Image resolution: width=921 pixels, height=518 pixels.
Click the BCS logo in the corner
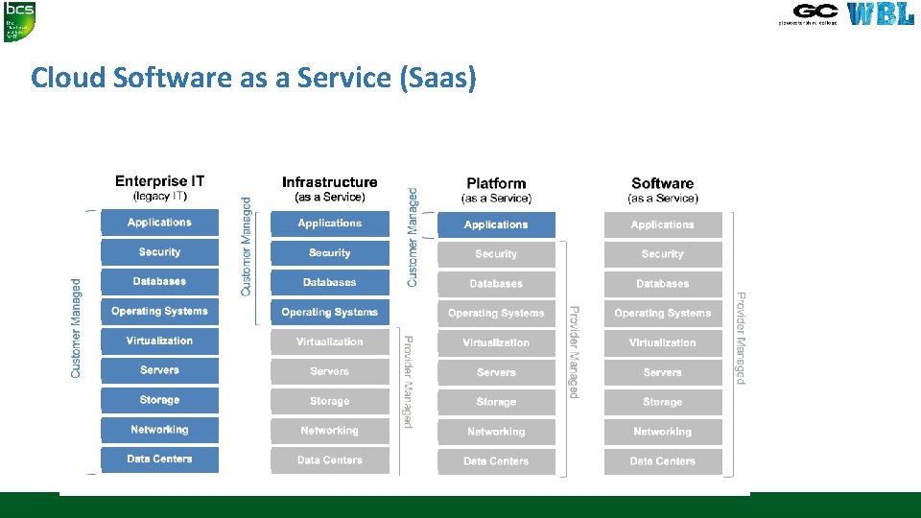pyautogui.click(x=19, y=21)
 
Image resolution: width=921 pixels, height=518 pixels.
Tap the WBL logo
pyautogui.click(x=881, y=14)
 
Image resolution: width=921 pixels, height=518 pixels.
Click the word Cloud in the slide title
pyautogui.click(x=68, y=77)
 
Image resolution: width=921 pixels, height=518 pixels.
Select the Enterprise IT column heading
pyautogui.click(x=159, y=181)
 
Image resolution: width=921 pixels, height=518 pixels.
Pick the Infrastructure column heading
pyautogui.click(x=329, y=182)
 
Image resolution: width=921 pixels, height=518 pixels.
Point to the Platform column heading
pyautogui.click(x=496, y=183)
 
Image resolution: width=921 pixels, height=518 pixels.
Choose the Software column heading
pyautogui.click(x=662, y=183)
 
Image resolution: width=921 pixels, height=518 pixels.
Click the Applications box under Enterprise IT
pyautogui.click(x=159, y=223)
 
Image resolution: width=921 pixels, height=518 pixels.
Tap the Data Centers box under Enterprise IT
pyautogui.click(x=159, y=459)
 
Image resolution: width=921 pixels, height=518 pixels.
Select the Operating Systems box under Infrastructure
pyautogui.click(x=329, y=313)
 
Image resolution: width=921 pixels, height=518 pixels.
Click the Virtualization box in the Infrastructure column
pyautogui.click(x=329, y=342)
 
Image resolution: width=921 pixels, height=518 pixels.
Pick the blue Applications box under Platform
pyautogui.click(x=496, y=225)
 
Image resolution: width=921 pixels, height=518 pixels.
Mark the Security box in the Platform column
pyautogui.click(x=496, y=254)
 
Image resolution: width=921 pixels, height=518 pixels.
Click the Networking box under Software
pyautogui.click(x=662, y=432)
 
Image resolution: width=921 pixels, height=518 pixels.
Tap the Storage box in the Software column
pyautogui.click(x=662, y=402)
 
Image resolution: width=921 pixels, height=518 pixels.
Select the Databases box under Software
pyautogui.click(x=662, y=284)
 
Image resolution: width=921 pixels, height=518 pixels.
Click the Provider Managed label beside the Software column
pyautogui.click(x=741, y=338)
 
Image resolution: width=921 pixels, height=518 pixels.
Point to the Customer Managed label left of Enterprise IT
pyautogui.click(x=77, y=328)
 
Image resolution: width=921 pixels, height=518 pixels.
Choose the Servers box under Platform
pyautogui.click(x=496, y=372)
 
